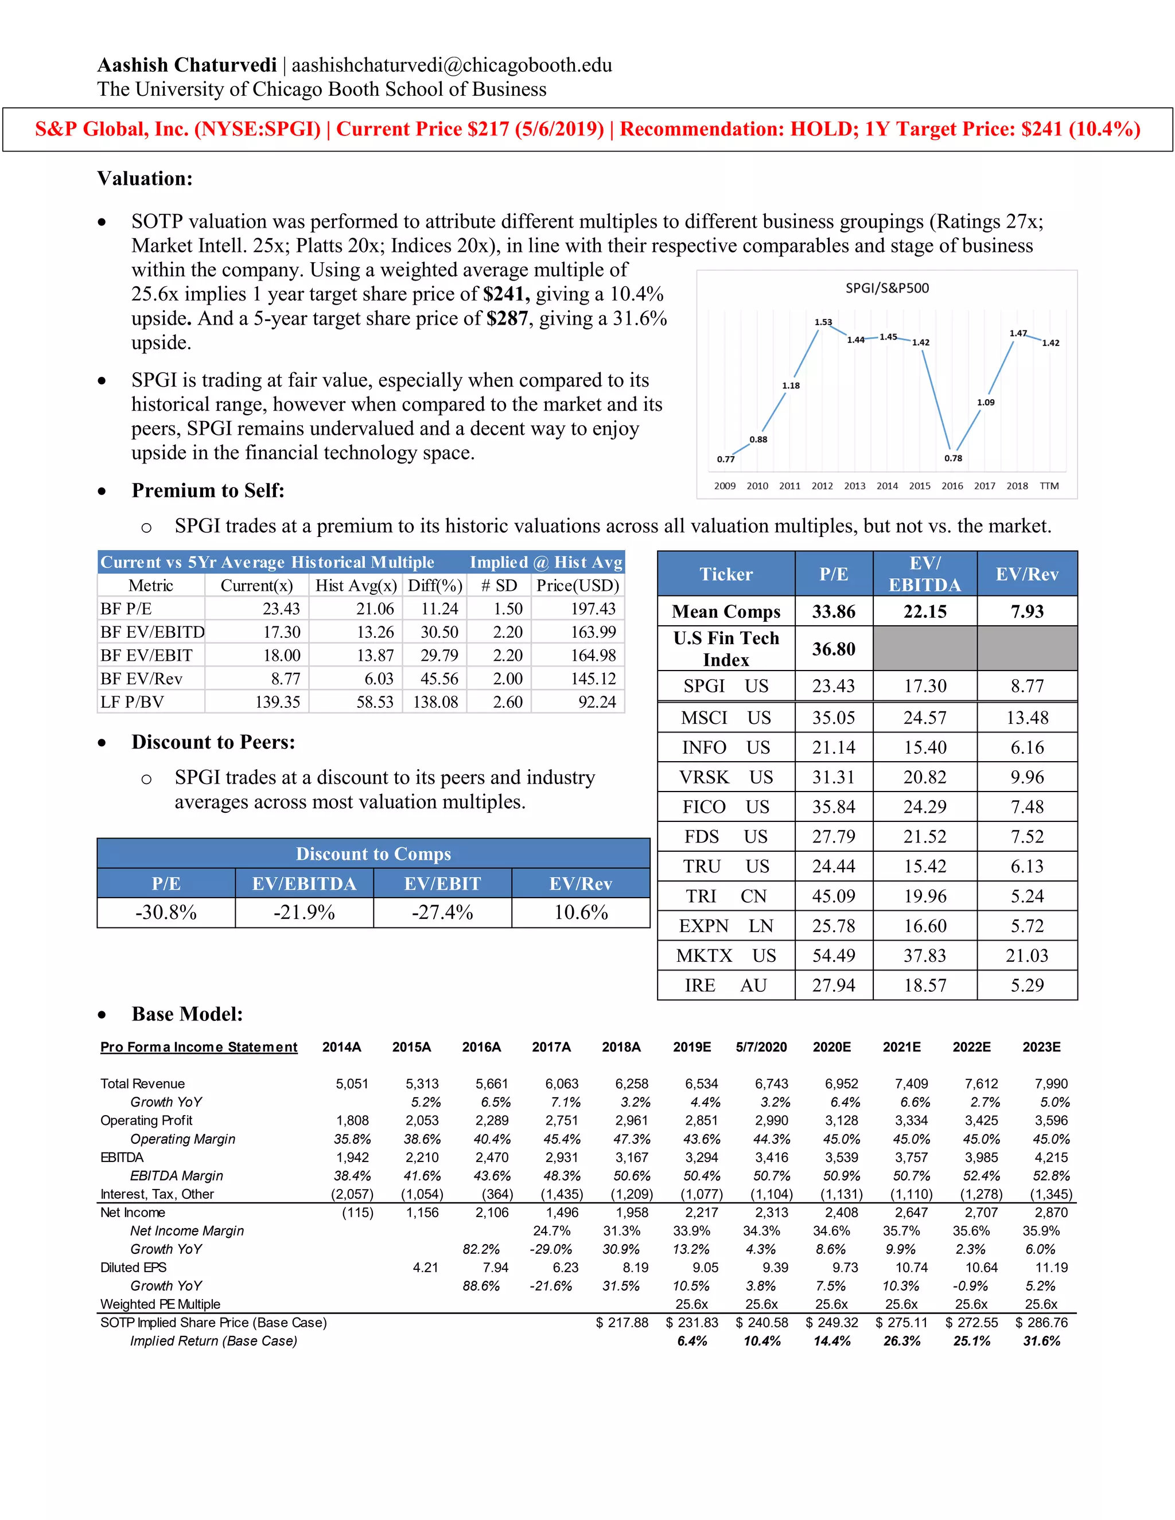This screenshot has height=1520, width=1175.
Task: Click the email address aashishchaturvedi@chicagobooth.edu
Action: (x=451, y=65)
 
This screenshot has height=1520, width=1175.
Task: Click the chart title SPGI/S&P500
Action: (x=887, y=288)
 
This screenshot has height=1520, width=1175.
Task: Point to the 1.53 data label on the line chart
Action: (x=823, y=322)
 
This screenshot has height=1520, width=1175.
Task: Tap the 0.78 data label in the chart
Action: (x=953, y=458)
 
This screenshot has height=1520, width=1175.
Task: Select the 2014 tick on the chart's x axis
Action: (x=887, y=486)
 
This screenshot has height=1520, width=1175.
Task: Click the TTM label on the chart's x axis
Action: (x=1049, y=486)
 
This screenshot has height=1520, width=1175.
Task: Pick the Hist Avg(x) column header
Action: (x=356, y=585)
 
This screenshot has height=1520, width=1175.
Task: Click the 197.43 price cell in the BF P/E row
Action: (x=593, y=609)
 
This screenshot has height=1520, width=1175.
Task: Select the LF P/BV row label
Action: (x=133, y=701)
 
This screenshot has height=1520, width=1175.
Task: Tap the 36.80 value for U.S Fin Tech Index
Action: (x=833, y=649)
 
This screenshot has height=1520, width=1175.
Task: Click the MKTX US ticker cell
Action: (x=725, y=956)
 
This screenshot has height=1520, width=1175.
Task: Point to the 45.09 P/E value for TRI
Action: (x=833, y=896)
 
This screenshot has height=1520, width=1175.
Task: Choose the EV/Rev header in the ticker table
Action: (x=1027, y=574)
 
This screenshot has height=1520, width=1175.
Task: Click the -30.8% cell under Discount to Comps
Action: (x=166, y=913)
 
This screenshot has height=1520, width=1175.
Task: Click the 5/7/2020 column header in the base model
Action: (x=761, y=1047)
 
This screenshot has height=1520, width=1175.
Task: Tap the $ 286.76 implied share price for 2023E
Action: (x=1041, y=1322)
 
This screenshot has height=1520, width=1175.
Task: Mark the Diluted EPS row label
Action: (x=133, y=1268)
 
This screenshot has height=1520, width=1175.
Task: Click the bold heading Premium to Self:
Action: (x=208, y=490)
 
